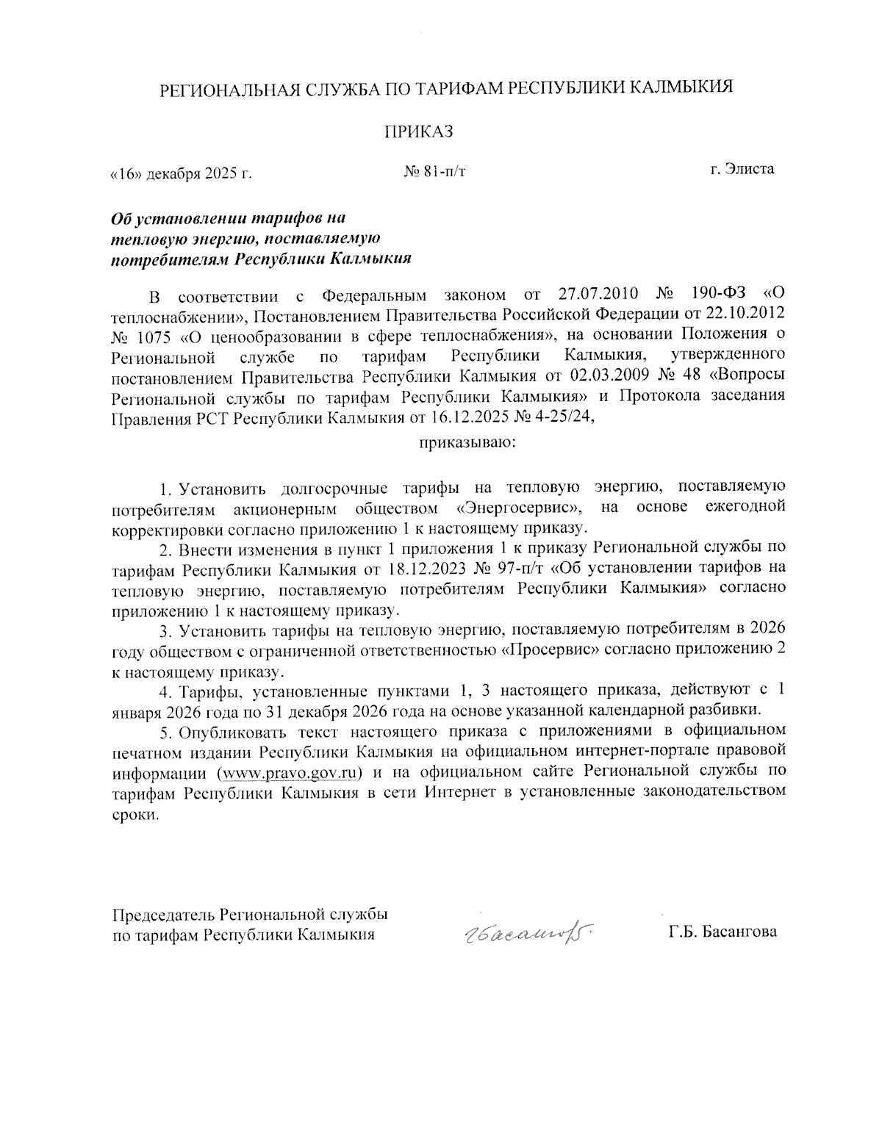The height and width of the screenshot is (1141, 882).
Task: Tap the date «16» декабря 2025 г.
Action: (x=181, y=174)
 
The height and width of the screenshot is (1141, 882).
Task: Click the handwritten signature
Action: (x=525, y=933)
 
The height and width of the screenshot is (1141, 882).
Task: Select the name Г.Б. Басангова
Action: (x=723, y=932)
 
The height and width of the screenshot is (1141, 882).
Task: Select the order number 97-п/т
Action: (x=518, y=568)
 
